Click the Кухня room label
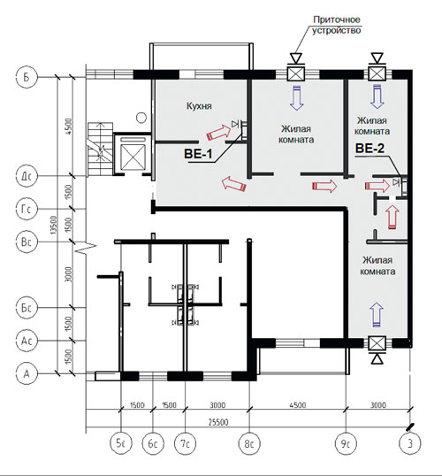(199, 106)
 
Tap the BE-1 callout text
(198, 154)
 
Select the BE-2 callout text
(370, 148)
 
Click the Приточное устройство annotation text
(337, 25)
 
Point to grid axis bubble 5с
(121, 443)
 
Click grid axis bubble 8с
(249, 443)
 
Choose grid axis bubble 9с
(346, 443)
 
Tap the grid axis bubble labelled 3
(410, 443)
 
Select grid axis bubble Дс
(27, 176)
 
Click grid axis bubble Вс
(27, 242)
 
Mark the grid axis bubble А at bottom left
(27, 373)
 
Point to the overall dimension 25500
(218, 422)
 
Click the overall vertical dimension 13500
(53, 225)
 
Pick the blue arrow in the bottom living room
(377, 315)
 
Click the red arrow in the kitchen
(218, 133)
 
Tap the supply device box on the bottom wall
(377, 344)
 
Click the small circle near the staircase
(141, 117)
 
